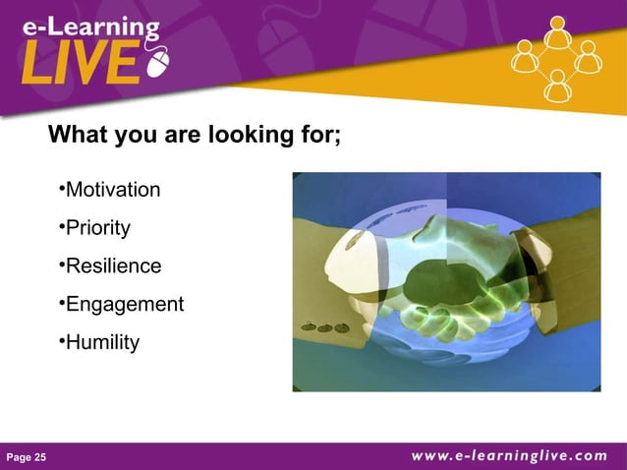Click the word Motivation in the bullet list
click(x=112, y=190)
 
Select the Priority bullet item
click(x=97, y=228)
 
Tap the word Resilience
click(x=113, y=266)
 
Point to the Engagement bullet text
click(x=124, y=305)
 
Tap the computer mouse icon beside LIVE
click(x=157, y=65)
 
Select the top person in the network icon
click(x=557, y=33)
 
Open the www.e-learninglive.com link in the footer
click(x=508, y=455)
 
